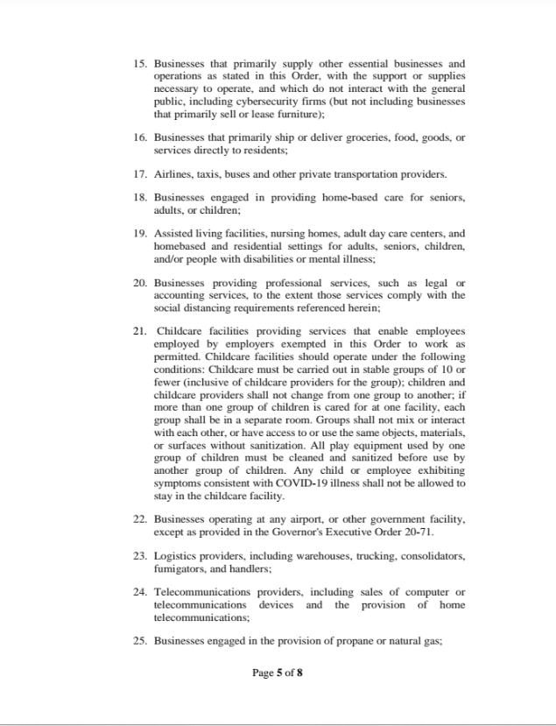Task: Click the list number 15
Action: pos(140,64)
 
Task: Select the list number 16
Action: pos(140,137)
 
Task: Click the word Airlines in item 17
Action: pos(172,173)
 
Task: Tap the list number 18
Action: pos(140,198)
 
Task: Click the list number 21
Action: pos(140,331)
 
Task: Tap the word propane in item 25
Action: pos(335,641)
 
